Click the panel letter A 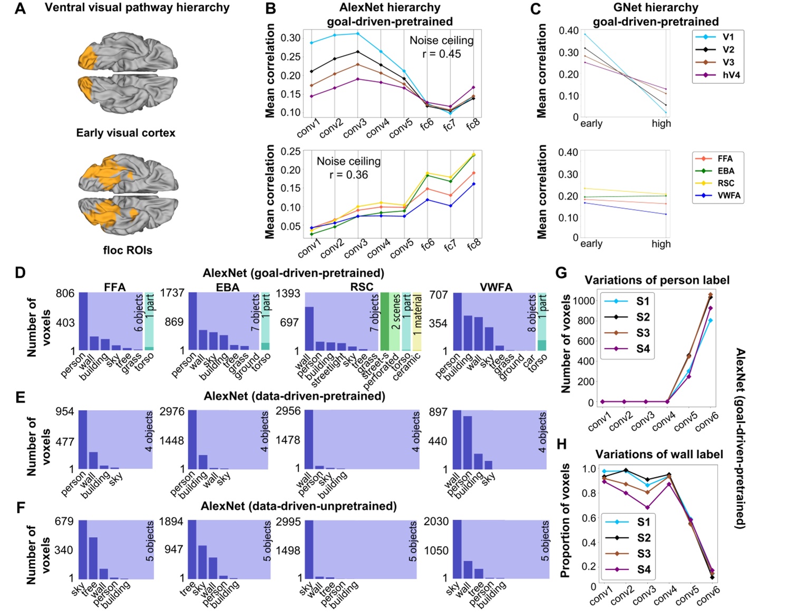[20, 8]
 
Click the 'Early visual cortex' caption [126, 133]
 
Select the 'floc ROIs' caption [128, 250]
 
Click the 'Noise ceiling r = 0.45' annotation [441, 47]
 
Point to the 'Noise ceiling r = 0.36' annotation [349, 168]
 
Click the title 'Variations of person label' [657, 280]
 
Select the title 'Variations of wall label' [659, 454]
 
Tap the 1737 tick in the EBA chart [172, 293]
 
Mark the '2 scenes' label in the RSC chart [396, 313]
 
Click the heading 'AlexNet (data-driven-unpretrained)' [299, 506]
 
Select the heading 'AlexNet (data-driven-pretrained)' [294, 396]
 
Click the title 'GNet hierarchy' [656, 7]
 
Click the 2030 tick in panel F [437, 522]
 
